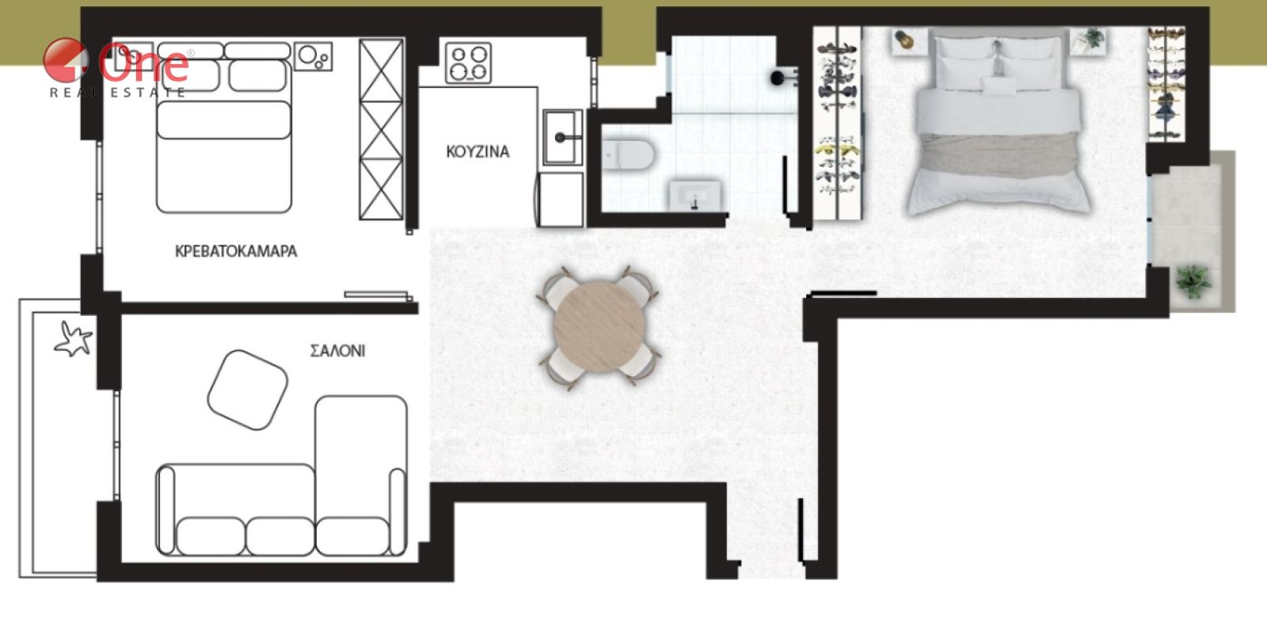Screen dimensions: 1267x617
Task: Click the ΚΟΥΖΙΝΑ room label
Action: (x=478, y=151)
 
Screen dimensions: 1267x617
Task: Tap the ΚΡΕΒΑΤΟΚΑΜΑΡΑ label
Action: (x=236, y=251)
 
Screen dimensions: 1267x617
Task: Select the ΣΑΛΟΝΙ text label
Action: (x=337, y=351)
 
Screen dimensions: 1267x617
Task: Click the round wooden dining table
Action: (x=599, y=327)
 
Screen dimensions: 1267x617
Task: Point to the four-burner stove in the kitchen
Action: (x=468, y=63)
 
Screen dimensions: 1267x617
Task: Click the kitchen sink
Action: (x=563, y=138)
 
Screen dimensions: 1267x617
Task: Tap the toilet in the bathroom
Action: (x=628, y=154)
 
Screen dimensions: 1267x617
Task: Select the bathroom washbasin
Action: (x=695, y=196)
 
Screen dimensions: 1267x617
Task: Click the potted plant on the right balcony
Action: (x=1193, y=282)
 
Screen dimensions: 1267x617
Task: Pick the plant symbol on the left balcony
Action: (x=74, y=339)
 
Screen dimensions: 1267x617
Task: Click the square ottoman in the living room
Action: (x=248, y=390)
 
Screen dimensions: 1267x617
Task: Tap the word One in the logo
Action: (x=143, y=63)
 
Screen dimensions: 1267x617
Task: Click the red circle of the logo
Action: (x=66, y=60)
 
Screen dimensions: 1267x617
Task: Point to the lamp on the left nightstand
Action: (x=904, y=40)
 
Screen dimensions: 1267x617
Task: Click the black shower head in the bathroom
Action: (x=779, y=78)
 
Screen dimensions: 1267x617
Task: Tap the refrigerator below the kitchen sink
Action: (x=561, y=199)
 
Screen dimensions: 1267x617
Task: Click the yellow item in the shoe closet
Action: (x=838, y=149)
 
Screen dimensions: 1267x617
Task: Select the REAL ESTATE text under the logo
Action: (x=118, y=93)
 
